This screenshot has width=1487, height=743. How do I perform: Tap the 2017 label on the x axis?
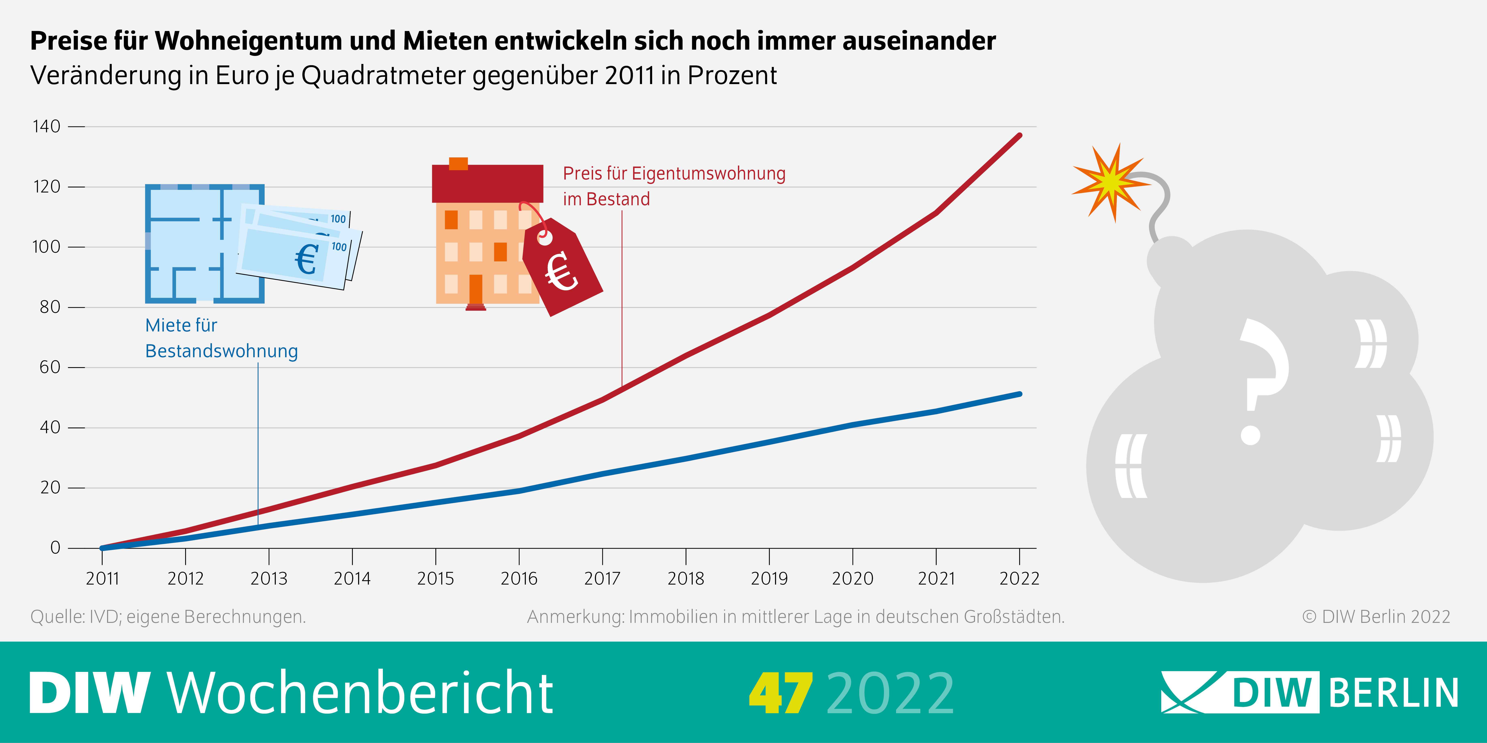click(602, 578)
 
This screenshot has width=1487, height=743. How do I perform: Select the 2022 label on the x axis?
click(1019, 578)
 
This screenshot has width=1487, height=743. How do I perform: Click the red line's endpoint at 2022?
click(1019, 136)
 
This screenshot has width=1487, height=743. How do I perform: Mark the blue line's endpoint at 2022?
click(1019, 394)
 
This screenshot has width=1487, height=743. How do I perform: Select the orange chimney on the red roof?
click(458, 163)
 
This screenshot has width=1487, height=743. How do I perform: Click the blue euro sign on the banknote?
click(307, 260)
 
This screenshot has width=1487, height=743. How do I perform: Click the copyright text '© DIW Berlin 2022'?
click(1376, 617)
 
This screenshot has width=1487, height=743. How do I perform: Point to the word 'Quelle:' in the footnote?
click(58, 617)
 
